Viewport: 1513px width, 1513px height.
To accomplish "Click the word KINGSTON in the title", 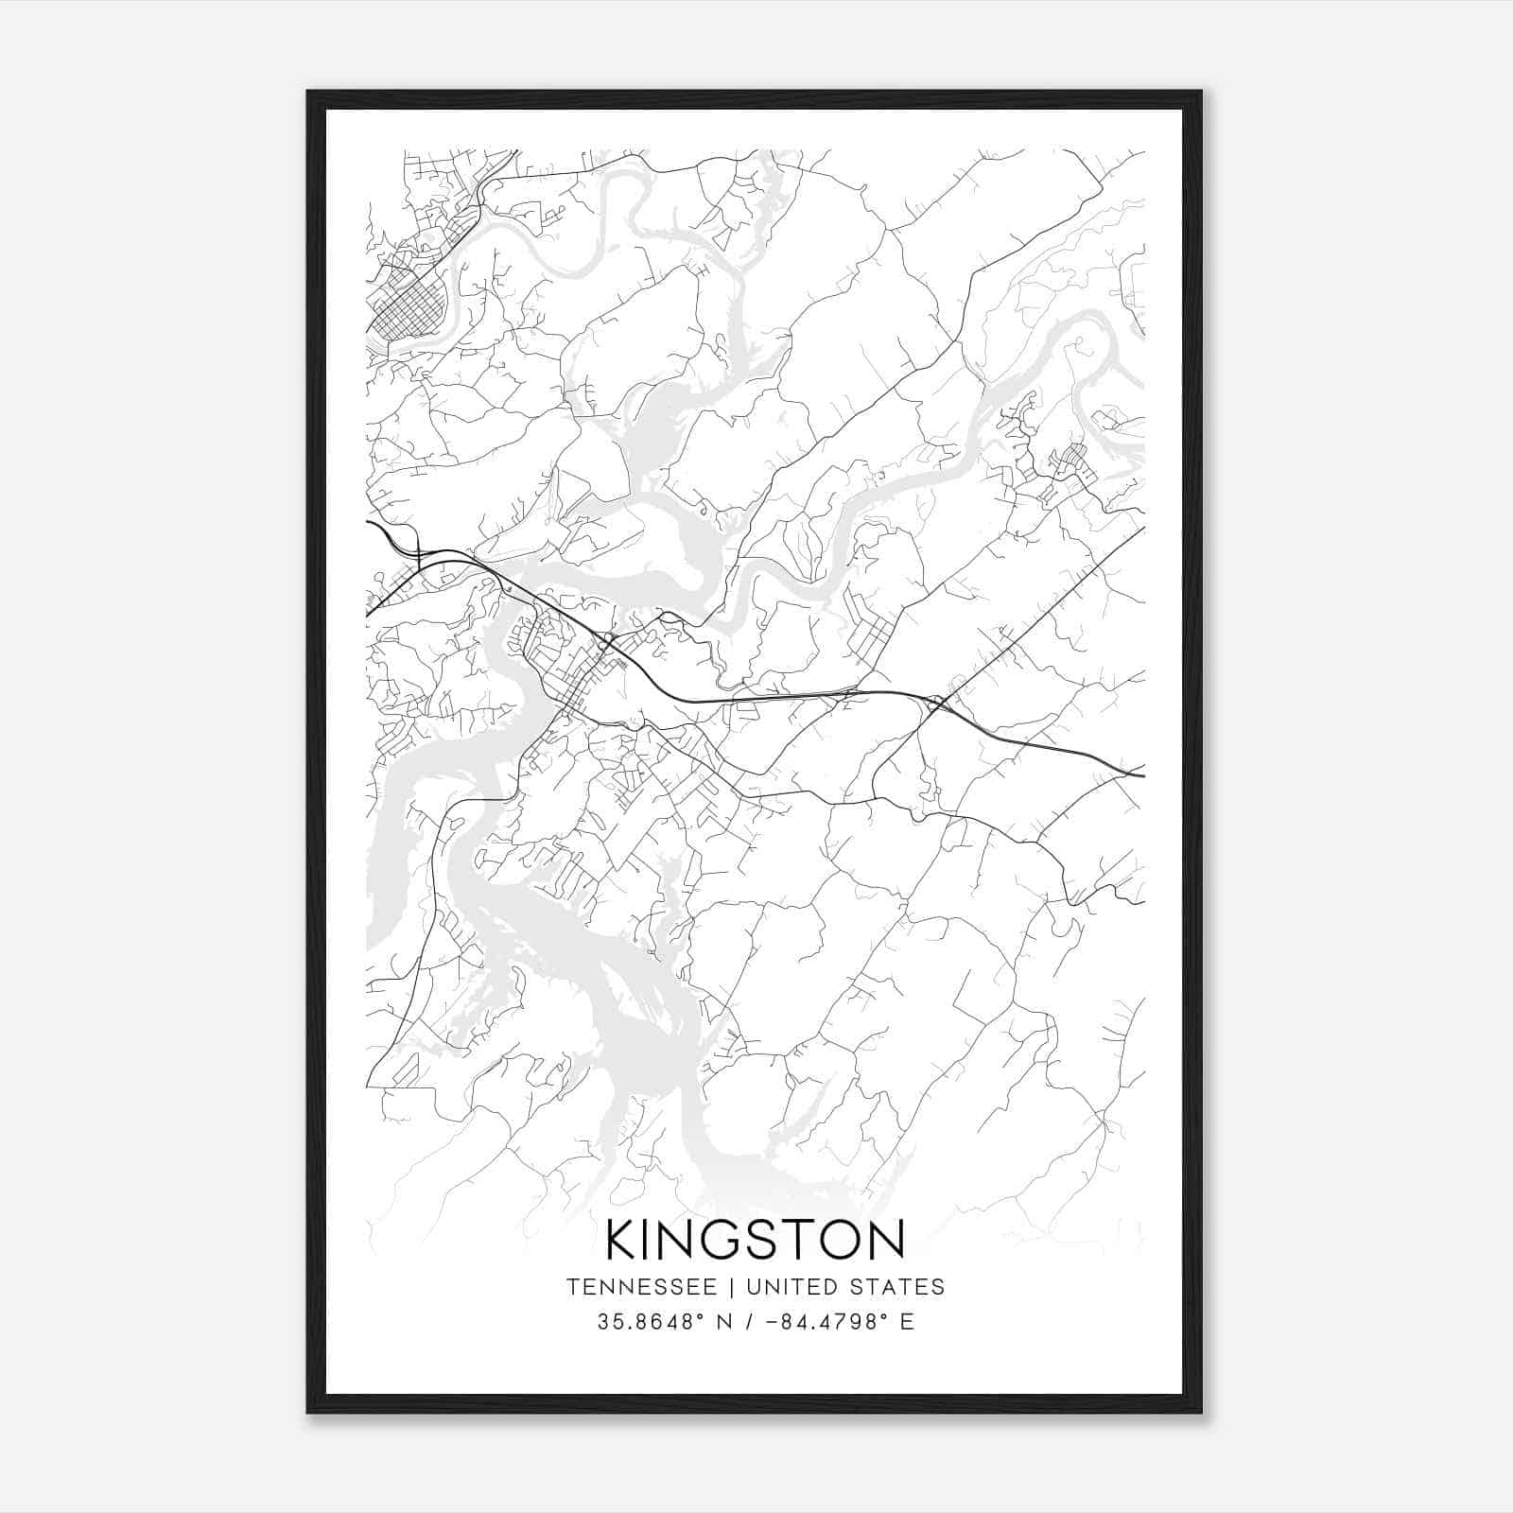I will click(x=756, y=1240).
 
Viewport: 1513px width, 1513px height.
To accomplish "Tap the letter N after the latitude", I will click(x=728, y=1322).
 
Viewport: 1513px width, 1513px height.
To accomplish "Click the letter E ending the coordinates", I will click(x=908, y=1322).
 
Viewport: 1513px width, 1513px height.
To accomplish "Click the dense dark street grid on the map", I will click(x=409, y=308).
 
